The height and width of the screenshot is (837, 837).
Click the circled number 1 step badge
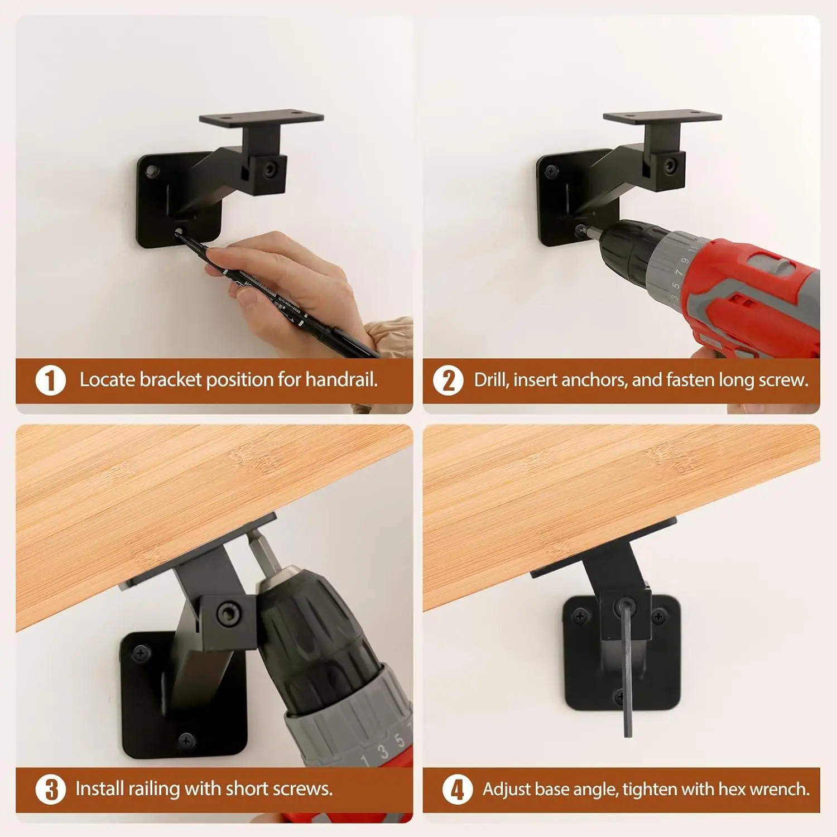click(51, 381)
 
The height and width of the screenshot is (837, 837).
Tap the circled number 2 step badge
click(449, 381)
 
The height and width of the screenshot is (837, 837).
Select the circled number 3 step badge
click(51, 789)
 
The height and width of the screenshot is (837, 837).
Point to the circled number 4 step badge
click(457, 790)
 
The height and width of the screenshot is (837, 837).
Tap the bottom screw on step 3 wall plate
click(186, 740)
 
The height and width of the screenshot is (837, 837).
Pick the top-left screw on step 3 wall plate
click(141, 652)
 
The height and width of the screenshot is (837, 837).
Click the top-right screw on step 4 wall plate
click(659, 617)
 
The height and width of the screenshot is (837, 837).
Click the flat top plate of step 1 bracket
click(261, 119)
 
